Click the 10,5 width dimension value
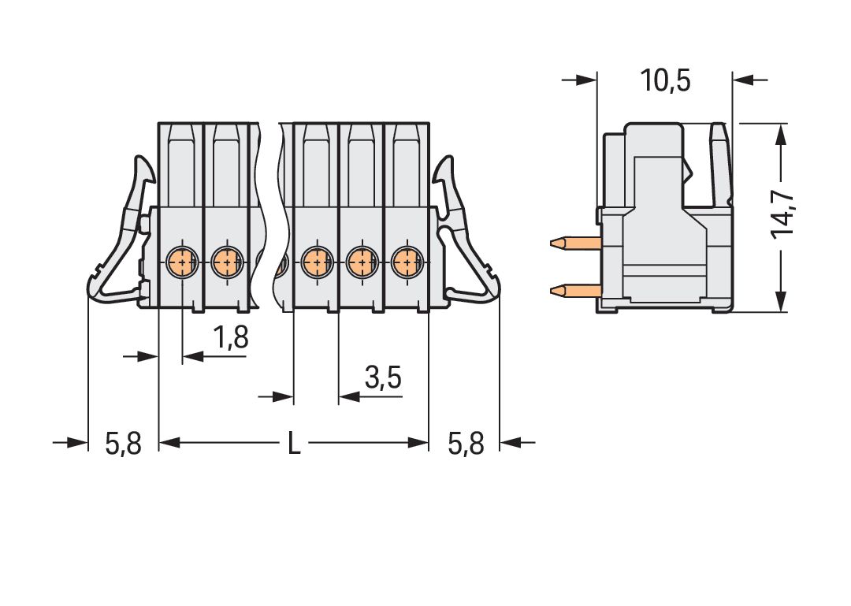pyautogui.click(x=665, y=80)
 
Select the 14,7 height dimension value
pyautogui.click(x=783, y=214)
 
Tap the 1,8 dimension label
pyautogui.click(x=231, y=338)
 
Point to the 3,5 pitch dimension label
pyautogui.click(x=383, y=379)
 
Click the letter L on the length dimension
pyautogui.click(x=293, y=444)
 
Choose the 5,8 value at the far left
pyautogui.click(x=123, y=444)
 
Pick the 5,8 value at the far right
pyautogui.click(x=465, y=444)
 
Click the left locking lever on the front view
pyautogui.click(x=118, y=236)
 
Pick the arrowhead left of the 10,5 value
pyautogui.click(x=586, y=80)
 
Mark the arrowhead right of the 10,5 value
pyautogui.click(x=744, y=80)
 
